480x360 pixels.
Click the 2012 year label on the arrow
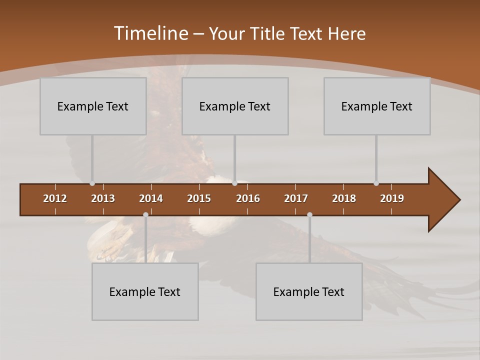click(55, 198)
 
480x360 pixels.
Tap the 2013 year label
click(103, 198)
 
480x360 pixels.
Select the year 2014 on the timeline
click(151, 198)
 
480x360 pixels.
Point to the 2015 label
click(199, 198)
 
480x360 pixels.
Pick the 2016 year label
click(248, 198)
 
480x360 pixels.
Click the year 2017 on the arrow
click(296, 198)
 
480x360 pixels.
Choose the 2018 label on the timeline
click(344, 198)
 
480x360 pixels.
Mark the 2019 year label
click(392, 198)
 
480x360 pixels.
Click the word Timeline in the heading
click(150, 33)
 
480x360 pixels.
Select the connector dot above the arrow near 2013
click(92, 183)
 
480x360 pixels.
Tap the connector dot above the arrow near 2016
click(234, 183)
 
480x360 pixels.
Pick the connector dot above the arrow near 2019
click(376, 183)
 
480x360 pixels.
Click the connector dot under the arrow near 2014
click(145, 215)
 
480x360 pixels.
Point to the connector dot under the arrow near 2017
click(309, 215)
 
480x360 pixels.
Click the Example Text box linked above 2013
click(93, 106)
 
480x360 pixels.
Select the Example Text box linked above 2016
click(235, 106)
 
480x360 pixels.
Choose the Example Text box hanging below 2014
click(145, 291)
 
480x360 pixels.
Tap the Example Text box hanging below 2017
click(309, 291)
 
